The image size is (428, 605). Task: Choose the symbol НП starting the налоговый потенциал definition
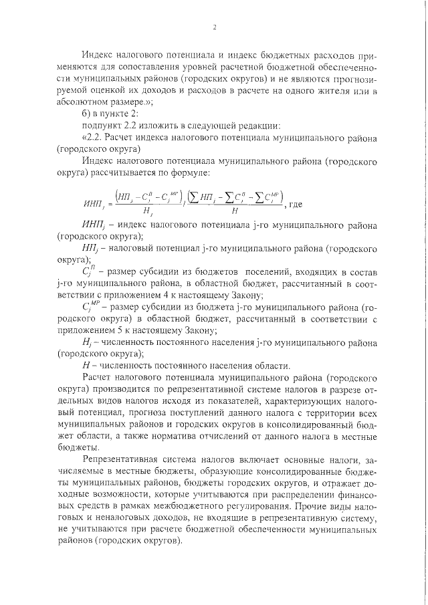click(x=90, y=249)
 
